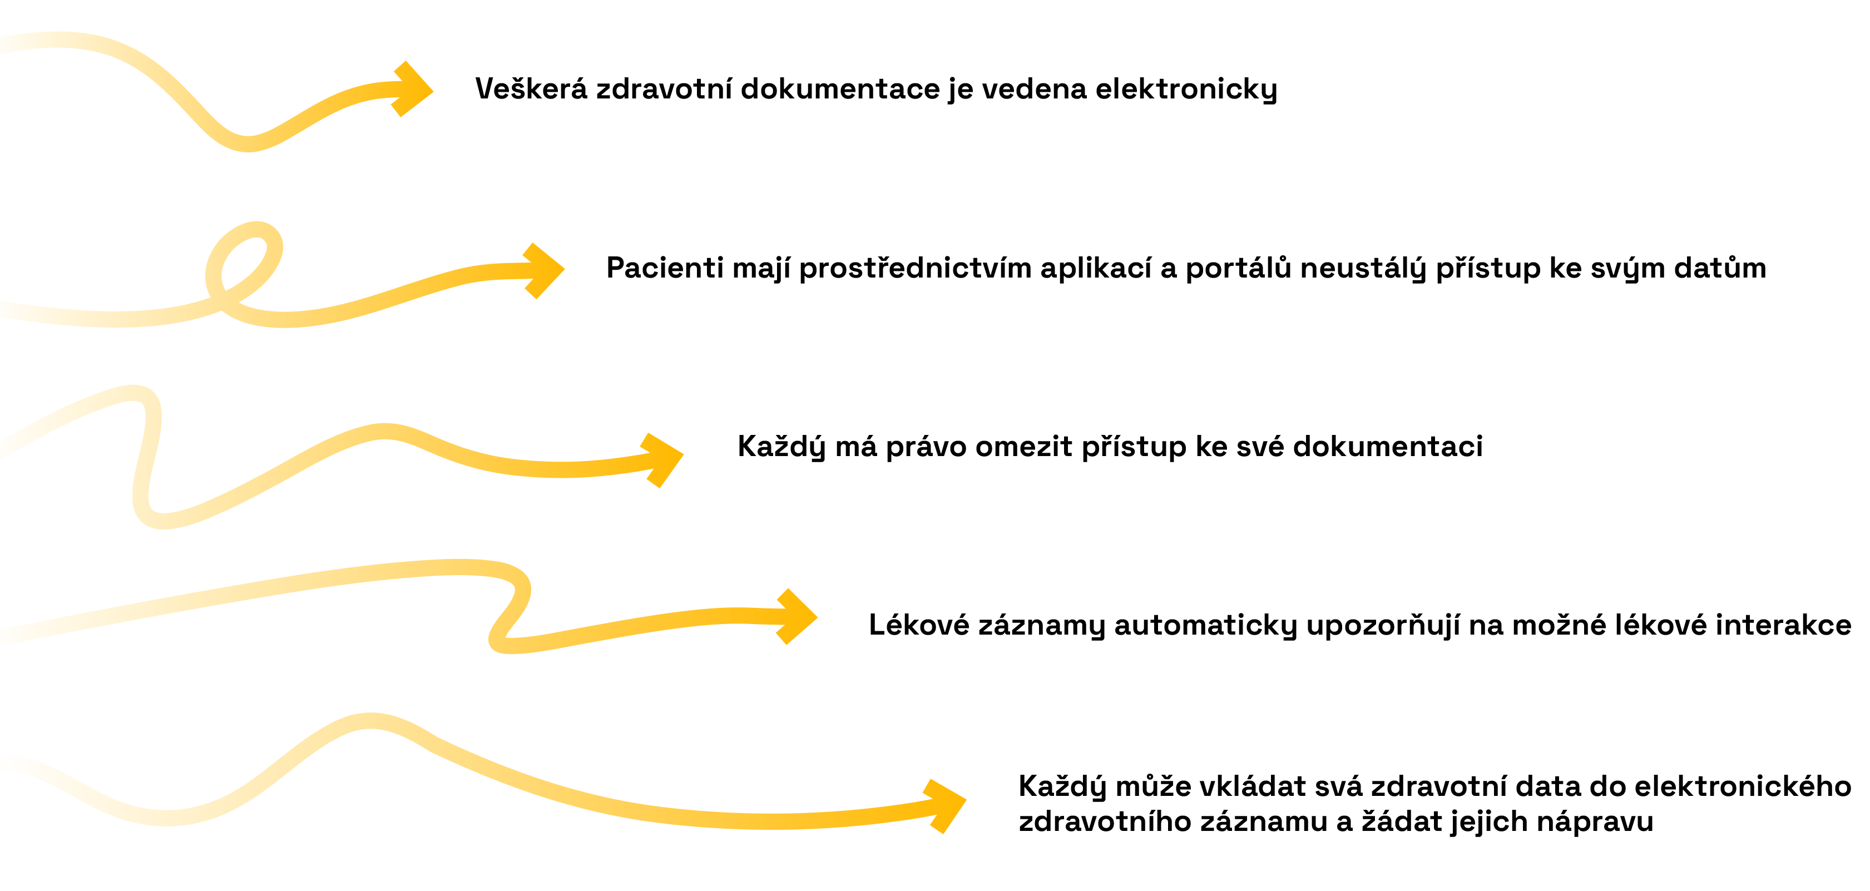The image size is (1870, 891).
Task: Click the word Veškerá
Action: pyautogui.click(x=531, y=88)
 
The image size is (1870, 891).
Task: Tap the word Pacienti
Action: pyautogui.click(x=665, y=268)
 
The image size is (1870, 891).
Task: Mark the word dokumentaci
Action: pyautogui.click(x=1388, y=447)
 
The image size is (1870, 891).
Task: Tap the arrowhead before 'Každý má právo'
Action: pyautogui.click(x=661, y=459)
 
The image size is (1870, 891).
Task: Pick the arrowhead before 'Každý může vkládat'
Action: pyautogui.click(x=944, y=806)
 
